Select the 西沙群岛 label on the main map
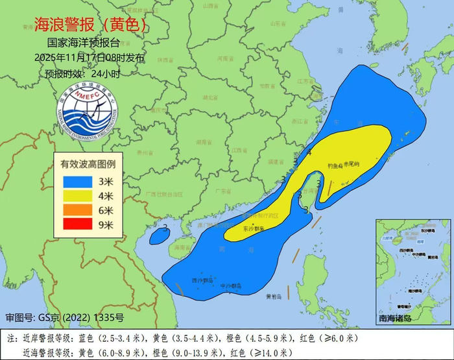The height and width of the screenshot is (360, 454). coord(200,280)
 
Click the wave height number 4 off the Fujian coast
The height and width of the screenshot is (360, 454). coord(309,153)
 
